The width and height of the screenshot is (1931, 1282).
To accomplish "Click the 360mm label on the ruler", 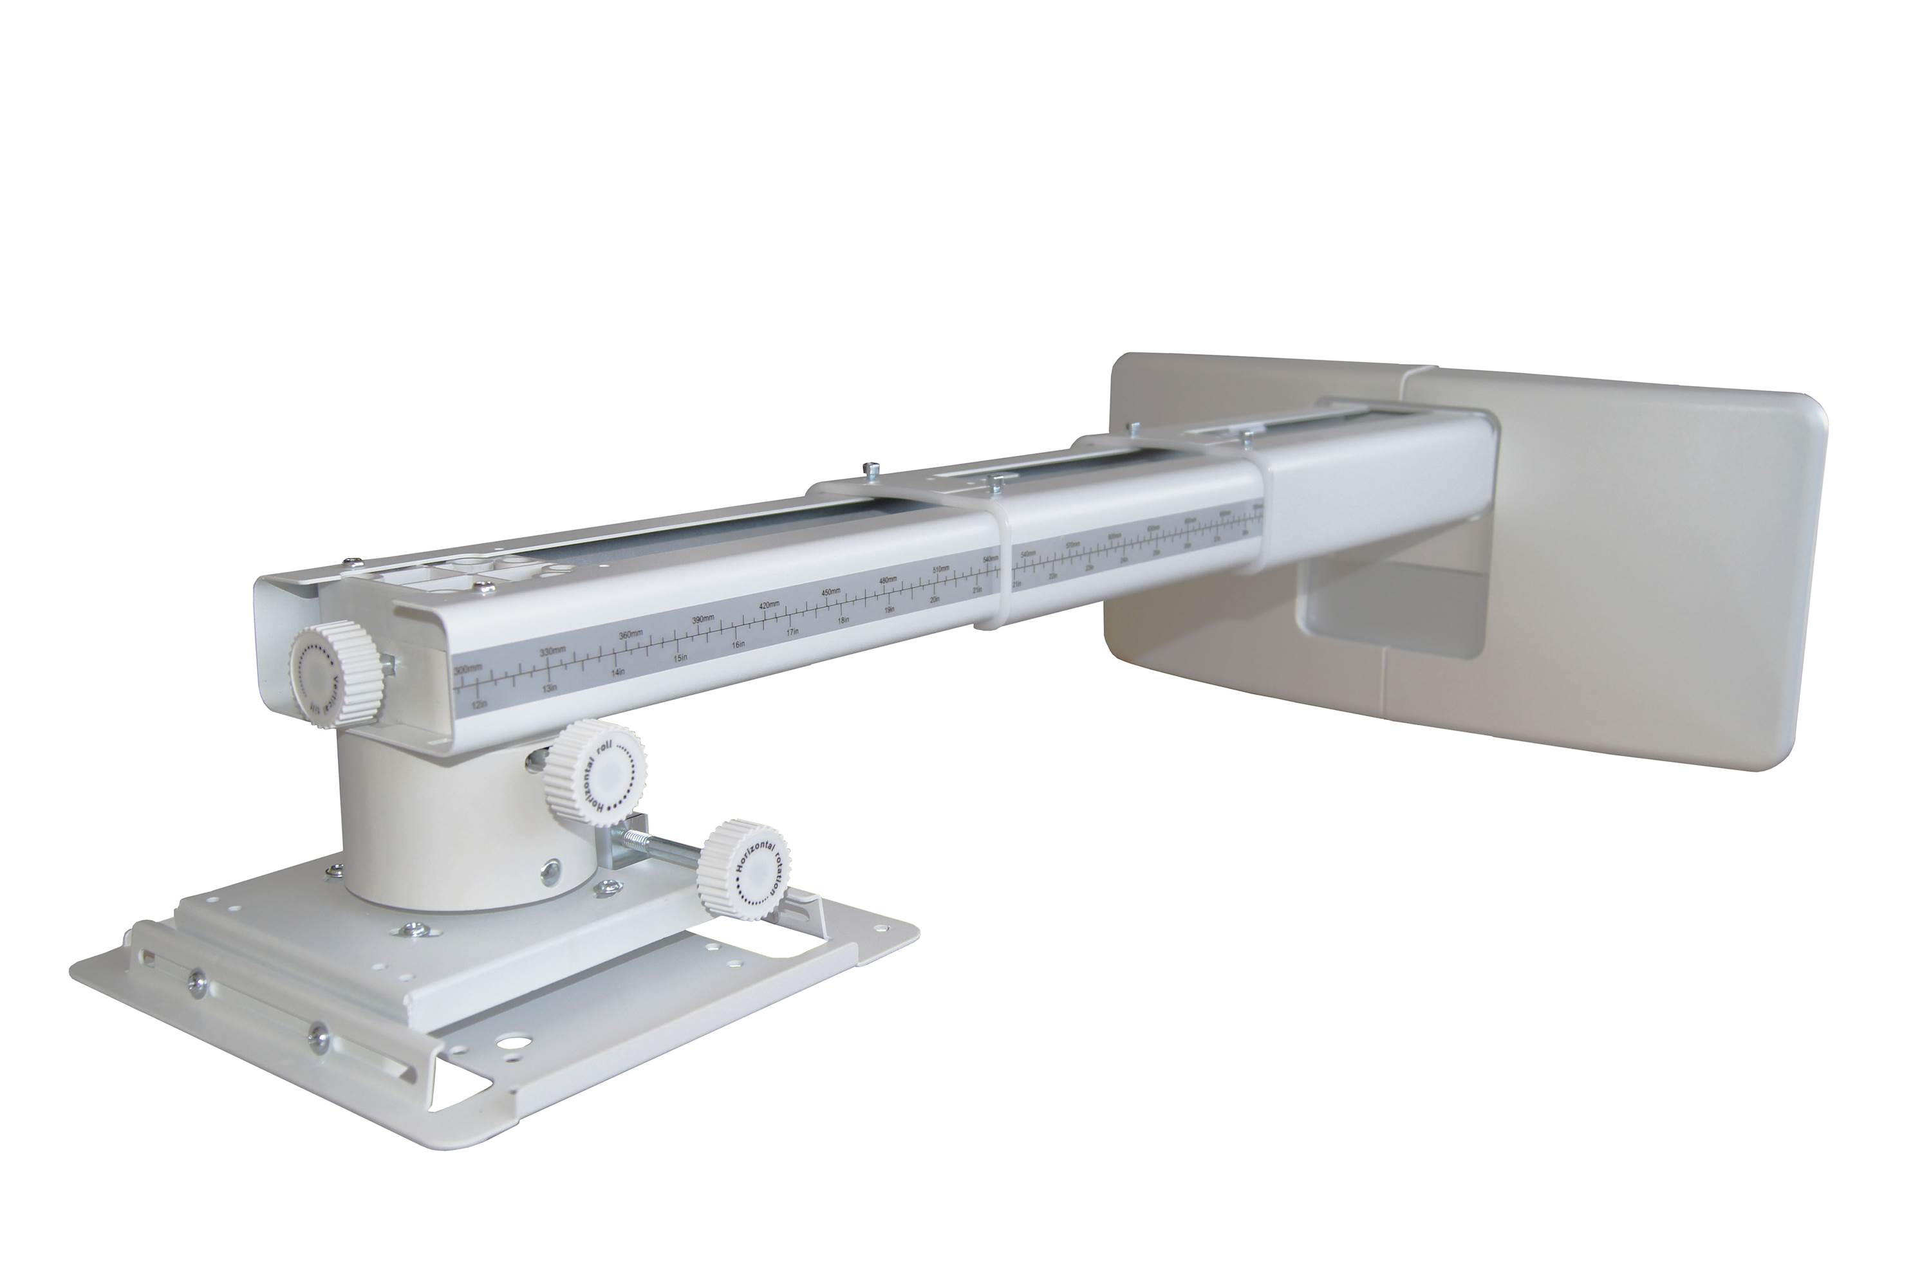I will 631,636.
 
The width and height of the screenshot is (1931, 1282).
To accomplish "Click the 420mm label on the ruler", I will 769,606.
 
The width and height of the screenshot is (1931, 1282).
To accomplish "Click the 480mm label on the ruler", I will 888,580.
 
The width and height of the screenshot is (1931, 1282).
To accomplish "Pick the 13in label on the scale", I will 550,688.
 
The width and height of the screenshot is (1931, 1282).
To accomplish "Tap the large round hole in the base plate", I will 517,1044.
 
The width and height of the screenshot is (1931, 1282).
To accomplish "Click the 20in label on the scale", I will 935,600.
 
